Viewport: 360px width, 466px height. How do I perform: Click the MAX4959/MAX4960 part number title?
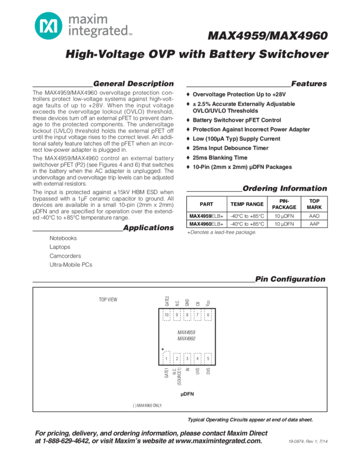pyautogui.click(x=268, y=36)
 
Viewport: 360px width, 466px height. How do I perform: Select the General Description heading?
pyautogui.click(x=133, y=84)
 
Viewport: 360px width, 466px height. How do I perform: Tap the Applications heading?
pyautogui.click(x=148, y=228)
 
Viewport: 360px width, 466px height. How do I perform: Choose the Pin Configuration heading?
pyautogui.click(x=290, y=280)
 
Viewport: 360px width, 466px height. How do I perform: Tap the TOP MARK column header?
pyautogui.click(x=315, y=204)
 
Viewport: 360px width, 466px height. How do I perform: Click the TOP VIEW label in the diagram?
pyautogui.click(x=108, y=299)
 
